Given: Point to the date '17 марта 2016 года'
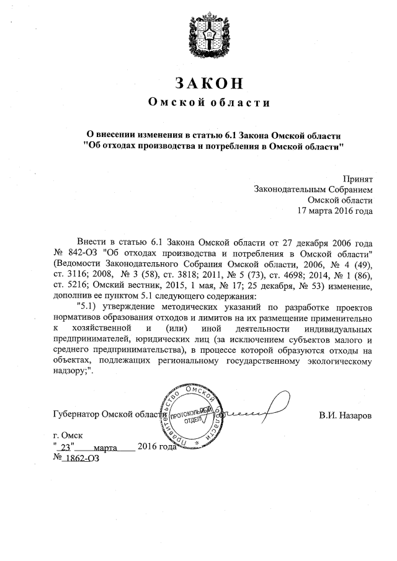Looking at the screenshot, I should click(x=335, y=211).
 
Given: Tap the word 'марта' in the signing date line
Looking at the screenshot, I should click(x=105, y=448).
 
